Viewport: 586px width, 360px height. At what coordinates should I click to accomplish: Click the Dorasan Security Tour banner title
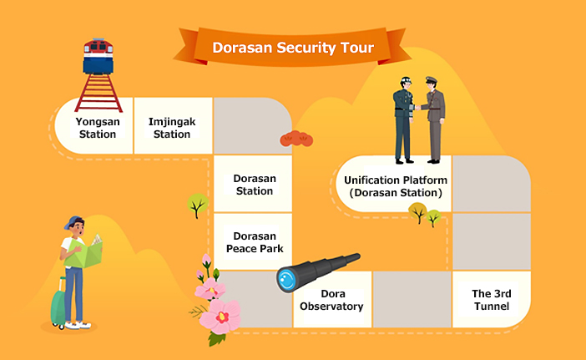[293, 48]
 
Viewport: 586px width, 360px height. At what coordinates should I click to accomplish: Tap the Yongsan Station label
[98, 128]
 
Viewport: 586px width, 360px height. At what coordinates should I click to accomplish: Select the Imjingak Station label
[172, 128]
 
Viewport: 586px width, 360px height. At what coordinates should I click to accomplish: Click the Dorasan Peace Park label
[255, 242]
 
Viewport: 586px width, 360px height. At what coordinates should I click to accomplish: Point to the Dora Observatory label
[331, 300]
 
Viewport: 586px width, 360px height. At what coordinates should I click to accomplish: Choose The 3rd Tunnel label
[492, 300]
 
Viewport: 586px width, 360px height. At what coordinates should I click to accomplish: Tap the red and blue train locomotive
[99, 56]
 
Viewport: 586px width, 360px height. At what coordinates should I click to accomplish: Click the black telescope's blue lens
[287, 280]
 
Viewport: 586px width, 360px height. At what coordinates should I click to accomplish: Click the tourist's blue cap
[73, 221]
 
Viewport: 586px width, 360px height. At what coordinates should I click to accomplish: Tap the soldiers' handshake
[417, 107]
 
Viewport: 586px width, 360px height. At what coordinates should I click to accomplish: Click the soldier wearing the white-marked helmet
[404, 119]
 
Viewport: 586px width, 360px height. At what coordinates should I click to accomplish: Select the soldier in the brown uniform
[433, 119]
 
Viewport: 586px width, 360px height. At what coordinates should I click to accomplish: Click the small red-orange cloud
[296, 139]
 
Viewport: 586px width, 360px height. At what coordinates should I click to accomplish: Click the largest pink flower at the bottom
[221, 317]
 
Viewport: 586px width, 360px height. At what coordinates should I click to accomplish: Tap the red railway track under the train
[99, 93]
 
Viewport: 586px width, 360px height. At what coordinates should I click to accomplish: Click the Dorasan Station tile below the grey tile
[253, 184]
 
